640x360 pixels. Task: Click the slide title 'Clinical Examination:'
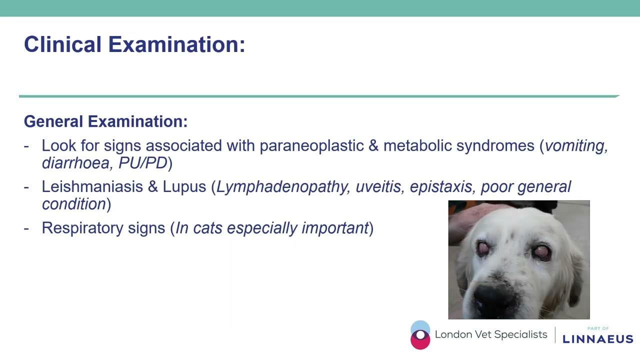[x=134, y=44]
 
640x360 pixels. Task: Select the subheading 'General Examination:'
[x=105, y=121]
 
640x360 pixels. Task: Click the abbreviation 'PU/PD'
[x=142, y=163]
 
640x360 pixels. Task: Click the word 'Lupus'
[x=184, y=187]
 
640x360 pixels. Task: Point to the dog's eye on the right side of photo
[x=541, y=252]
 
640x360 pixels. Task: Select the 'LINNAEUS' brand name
[x=597, y=339]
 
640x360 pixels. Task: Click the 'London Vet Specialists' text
[x=491, y=335]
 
